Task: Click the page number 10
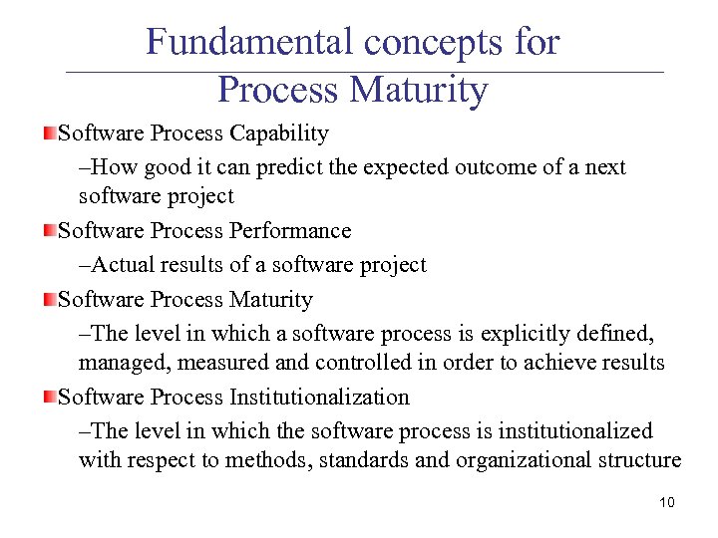click(666, 502)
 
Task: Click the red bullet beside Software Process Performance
click(49, 231)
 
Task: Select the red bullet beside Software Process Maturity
click(49, 300)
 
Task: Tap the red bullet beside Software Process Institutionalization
click(49, 398)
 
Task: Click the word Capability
click(279, 134)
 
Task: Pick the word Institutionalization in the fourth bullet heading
click(319, 398)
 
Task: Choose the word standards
click(359, 460)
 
